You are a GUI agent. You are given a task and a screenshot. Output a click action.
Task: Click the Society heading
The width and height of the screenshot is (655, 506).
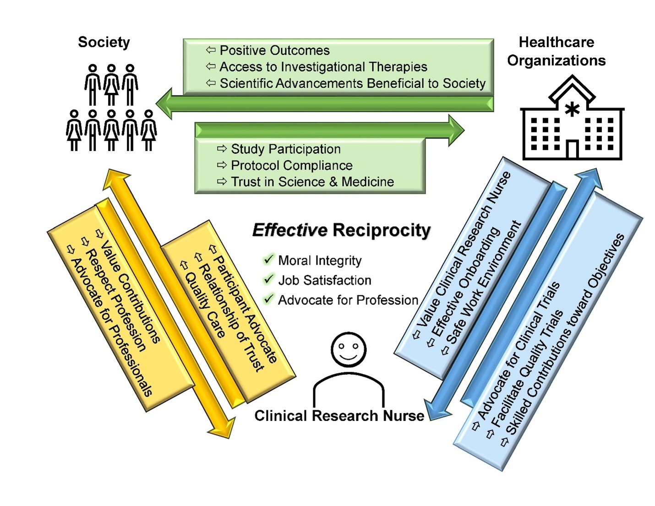pyautogui.click(x=104, y=42)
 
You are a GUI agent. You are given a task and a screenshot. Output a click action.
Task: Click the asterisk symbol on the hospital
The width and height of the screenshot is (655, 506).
pyautogui.click(x=572, y=109)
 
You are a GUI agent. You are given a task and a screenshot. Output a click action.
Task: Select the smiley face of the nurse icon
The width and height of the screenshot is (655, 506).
pyautogui.click(x=349, y=349)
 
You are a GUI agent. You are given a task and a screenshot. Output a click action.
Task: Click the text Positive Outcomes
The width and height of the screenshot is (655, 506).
pyautogui.click(x=274, y=50)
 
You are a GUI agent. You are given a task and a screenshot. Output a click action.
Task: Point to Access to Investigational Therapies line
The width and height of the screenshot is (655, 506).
pyautogui.click(x=323, y=67)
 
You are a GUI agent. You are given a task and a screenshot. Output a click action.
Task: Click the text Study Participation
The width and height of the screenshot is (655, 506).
pyautogui.click(x=285, y=149)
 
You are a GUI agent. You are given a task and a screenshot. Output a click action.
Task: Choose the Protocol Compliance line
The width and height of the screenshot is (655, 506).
pyautogui.click(x=291, y=165)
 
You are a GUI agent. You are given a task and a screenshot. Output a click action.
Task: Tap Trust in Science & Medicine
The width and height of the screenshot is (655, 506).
pyautogui.click(x=312, y=182)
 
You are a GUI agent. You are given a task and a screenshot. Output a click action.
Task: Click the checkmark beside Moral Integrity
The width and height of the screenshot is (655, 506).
pyautogui.click(x=268, y=260)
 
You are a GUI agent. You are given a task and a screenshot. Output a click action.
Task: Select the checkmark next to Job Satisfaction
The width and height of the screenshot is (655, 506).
pyautogui.click(x=268, y=279)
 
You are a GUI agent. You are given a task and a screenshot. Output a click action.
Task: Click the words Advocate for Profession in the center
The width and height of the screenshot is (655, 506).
pyautogui.click(x=348, y=300)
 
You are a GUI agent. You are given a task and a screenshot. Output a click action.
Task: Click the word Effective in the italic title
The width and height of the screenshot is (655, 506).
pyautogui.click(x=289, y=230)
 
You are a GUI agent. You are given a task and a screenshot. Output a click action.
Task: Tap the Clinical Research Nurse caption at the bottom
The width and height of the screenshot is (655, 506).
pyautogui.click(x=339, y=416)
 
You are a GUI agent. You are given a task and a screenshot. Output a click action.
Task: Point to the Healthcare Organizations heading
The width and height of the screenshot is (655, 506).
pyautogui.click(x=556, y=51)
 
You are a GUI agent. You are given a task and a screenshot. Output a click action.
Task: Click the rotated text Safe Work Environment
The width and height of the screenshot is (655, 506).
pyautogui.click(x=485, y=284)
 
